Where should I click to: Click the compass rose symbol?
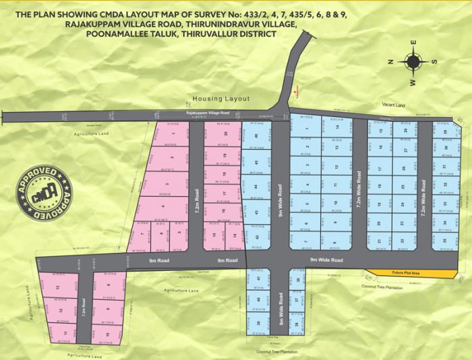pos(413,62)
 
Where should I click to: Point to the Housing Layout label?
pos(220,98)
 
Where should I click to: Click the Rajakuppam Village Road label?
pos(208,113)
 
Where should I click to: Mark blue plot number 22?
pos(403,240)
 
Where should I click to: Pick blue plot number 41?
pos(258,278)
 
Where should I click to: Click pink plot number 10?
pos(108,333)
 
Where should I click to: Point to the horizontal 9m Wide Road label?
pos(326,260)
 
